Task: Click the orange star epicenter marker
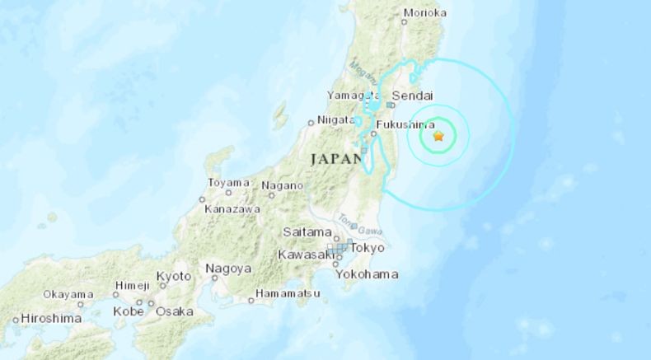click(x=438, y=136)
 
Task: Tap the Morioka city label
click(x=425, y=12)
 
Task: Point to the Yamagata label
click(x=351, y=96)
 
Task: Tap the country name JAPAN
click(x=337, y=157)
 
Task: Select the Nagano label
click(x=283, y=186)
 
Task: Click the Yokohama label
click(x=368, y=274)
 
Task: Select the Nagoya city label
click(x=228, y=269)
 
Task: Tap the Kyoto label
click(x=174, y=276)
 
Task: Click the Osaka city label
click(x=174, y=311)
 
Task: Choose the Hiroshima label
click(x=51, y=318)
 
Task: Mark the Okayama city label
click(x=68, y=294)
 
